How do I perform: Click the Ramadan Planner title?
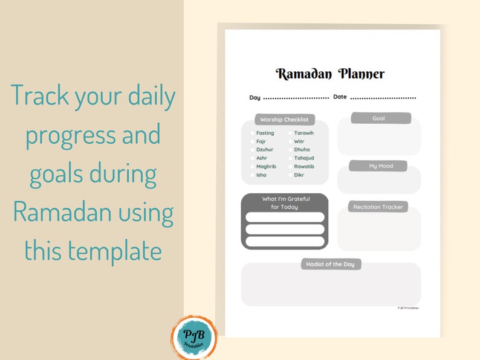(x=330, y=74)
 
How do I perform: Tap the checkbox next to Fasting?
(x=252, y=133)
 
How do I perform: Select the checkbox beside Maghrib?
(x=252, y=167)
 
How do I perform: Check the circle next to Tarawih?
(x=290, y=133)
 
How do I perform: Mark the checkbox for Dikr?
(x=290, y=175)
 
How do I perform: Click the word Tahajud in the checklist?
(x=304, y=158)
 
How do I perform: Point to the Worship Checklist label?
(x=284, y=120)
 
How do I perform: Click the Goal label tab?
(x=378, y=118)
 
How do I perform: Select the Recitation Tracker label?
(x=378, y=207)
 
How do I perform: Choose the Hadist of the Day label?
(x=331, y=264)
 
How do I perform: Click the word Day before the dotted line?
(x=255, y=97)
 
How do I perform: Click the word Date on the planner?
(x=340, y=97)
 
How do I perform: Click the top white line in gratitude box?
(x=285, y=217)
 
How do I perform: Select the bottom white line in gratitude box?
(x=285, y=241)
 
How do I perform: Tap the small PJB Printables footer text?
(x=407, y=308)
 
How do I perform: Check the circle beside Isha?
(x=252, y=175)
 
